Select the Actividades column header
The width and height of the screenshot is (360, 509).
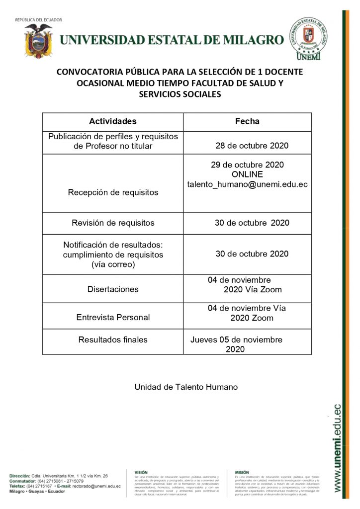point(112,121)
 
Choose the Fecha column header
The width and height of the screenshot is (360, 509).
point(247,121)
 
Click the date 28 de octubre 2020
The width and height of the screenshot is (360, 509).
point(252,146)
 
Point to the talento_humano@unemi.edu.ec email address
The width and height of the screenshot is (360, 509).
point(247,184)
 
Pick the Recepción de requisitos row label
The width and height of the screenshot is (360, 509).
point(113,192)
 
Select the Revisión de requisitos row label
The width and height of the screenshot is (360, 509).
point(113,223)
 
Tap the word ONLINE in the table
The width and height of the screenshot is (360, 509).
point(247,174)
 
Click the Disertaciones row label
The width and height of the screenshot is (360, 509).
point(113,289)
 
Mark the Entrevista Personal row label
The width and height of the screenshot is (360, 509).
point(113,317)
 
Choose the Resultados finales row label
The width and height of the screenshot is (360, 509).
point(113,340)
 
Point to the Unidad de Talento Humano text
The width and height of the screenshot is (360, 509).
point(186,387)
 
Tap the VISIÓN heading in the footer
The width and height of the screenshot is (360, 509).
point(141,472)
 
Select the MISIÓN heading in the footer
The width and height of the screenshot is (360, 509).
point(242,472)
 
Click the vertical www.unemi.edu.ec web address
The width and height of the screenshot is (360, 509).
point(338,447)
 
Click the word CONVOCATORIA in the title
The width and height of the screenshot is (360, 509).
point(89,72)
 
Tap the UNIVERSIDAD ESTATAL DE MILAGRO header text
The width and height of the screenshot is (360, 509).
point(172,40)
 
